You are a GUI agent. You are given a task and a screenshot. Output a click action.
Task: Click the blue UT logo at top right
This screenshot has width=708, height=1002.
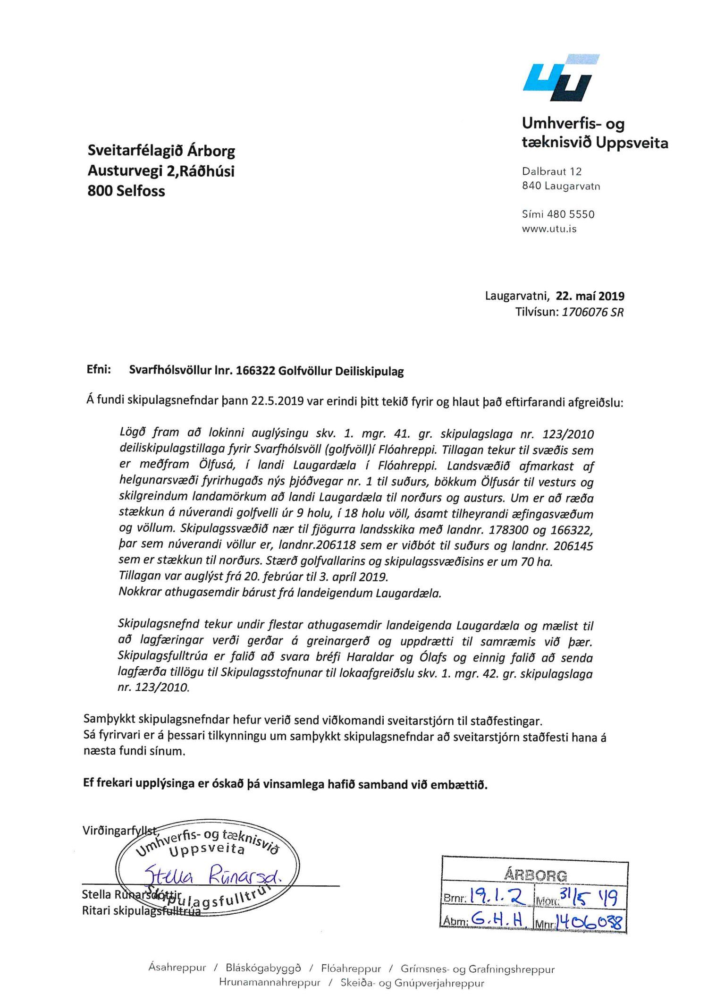coord(561,78)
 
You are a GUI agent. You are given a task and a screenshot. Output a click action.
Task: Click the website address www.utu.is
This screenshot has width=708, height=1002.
coord(549,229)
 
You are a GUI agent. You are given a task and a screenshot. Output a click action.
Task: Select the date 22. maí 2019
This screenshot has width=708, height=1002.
coord(590,296)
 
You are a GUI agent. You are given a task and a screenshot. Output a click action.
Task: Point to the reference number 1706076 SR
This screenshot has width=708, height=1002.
coord(592,312)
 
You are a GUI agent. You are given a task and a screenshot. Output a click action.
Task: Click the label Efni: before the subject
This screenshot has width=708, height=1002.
coord(99,370)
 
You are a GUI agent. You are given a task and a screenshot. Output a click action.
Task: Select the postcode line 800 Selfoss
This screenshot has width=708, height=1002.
coord(126,191)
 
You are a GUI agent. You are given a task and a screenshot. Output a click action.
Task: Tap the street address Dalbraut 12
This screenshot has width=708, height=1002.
coord(551,171)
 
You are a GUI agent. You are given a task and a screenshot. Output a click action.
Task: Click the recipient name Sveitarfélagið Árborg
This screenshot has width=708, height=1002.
coord(161,151)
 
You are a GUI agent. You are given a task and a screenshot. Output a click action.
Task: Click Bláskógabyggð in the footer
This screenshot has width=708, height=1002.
coord(263,968)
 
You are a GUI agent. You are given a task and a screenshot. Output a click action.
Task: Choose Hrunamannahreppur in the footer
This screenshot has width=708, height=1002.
coord(270,983)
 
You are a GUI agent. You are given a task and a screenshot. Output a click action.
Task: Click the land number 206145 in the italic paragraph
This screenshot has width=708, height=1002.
coord(573,546)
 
